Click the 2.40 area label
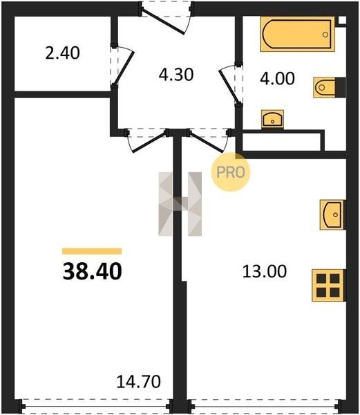(62, 53)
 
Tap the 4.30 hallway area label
(176, 75)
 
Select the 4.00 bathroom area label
(277, 79)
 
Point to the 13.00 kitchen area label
(265, 272)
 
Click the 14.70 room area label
(138, 382)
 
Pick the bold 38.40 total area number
(93, 272)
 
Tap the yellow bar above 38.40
(92, 251)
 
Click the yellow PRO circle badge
(231, 172)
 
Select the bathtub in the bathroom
(297, 34)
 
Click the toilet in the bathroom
(330, 87)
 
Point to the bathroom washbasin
(272, 119)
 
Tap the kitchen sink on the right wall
(332, 214)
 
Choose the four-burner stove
(328, 285)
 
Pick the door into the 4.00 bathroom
(229, 84)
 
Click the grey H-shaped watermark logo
(180, 204)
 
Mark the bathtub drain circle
(325, 35)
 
